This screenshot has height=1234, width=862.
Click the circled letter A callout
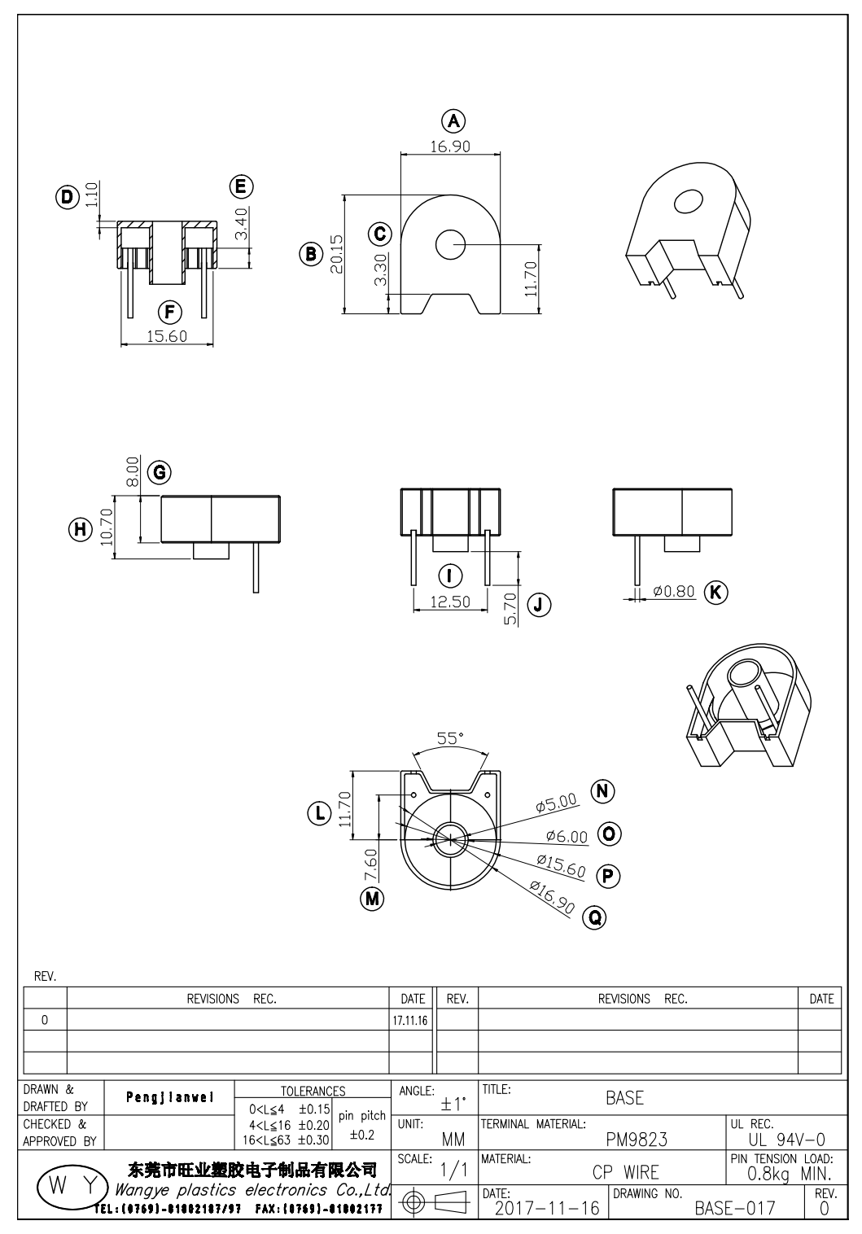click(x=453, y=121)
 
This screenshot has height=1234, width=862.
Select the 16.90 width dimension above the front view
click(x=449, y=147)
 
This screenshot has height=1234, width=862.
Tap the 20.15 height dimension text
click(x=336, y=255)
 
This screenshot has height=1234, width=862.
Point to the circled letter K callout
click(x=715, y=592)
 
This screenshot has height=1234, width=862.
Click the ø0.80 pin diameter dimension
click(x=675, y=592)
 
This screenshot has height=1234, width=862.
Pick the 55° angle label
click(x=450, y=738)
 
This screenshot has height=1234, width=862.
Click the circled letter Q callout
click(x=595, y=917)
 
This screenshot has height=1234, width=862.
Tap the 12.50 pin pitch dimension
click(x=450, y=602)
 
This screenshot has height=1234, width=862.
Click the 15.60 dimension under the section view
click(x=167, y=335)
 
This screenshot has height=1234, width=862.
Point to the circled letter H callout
click(x=80, y=530)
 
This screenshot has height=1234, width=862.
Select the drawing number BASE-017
click(x=734, y=1208)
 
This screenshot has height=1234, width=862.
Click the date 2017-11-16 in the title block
click(x=546, y=1208)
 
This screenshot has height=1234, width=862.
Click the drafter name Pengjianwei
click(x=170, y=1096)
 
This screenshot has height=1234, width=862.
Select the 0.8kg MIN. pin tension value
click(x=789, y=1174)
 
